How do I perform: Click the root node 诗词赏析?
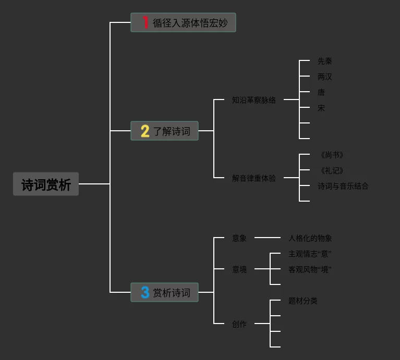(46, 184)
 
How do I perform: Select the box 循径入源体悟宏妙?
(183, 23)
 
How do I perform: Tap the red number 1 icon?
(145, 22)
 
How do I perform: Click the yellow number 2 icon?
(145, 131)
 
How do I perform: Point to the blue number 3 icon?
(145, 292)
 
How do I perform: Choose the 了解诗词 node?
(164, 131)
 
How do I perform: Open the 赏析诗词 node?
(164, 293)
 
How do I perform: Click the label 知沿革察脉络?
(254, 100)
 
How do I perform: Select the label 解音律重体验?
(254, 178)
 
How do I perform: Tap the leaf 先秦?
(325, 61)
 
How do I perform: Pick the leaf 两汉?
(325, 77)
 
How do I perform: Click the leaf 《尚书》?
(331, 155)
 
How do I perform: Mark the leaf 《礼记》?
(331, 170)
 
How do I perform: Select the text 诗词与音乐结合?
(343, 186)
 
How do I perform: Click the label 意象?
(239, 238)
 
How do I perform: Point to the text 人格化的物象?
(310, 238)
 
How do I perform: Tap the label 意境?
(239, 269)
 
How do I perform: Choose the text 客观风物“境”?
(310, 269)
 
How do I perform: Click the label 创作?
(239, 324)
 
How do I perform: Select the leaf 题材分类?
(303, 301)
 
